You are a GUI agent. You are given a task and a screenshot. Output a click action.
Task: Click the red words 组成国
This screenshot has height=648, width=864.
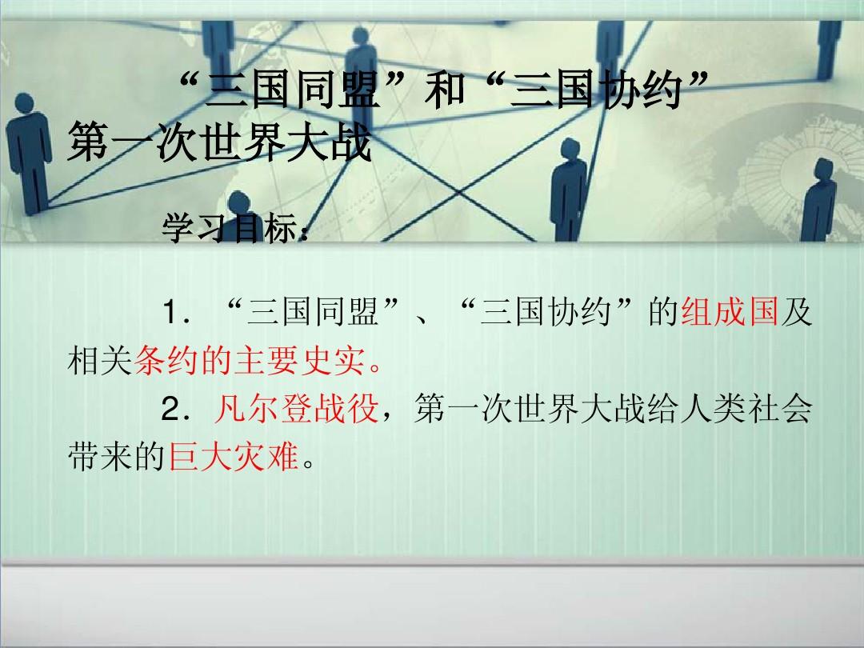tap(730, 312)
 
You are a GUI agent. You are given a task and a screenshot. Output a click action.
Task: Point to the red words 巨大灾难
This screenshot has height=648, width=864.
tap(233, 458)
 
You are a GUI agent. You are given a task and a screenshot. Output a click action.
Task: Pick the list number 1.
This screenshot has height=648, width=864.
tap(169, 313)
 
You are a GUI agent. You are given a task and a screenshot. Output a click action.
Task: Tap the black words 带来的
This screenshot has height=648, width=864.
tap(118, 458)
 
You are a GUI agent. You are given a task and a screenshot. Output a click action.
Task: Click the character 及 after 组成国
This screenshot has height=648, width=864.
tap(797, 312)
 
